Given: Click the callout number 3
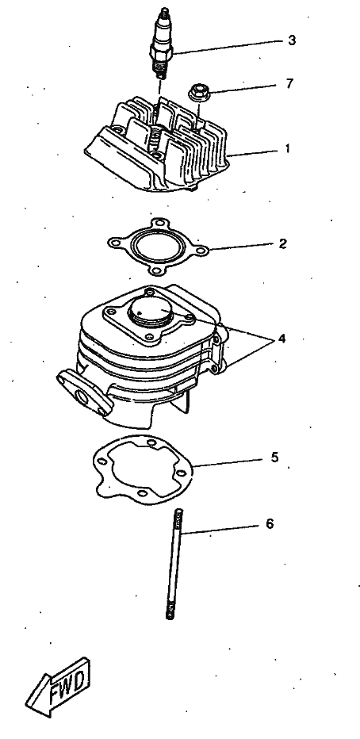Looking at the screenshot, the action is pos(292,40).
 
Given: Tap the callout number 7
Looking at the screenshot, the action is pos(289,83).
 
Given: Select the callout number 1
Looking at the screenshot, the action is pos(287,148).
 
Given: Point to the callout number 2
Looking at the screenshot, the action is pos(282,243).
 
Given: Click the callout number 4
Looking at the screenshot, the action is pos(281,339).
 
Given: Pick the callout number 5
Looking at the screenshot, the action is pos(274,458).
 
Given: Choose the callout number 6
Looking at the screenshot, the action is pos(270,523).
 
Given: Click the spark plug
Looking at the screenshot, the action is pos(162,42).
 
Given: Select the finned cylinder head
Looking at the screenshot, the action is pos(157,144).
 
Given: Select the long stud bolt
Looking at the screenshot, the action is pos(174,563).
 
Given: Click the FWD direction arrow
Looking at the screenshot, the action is pos(57,687).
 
